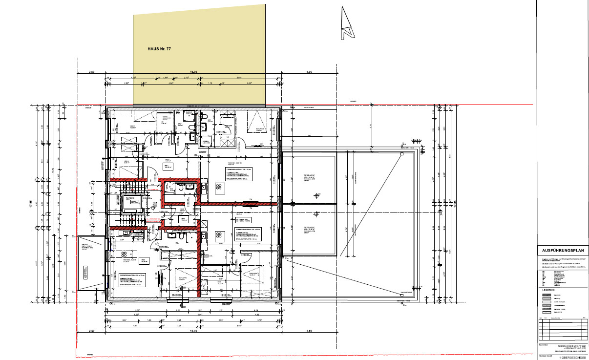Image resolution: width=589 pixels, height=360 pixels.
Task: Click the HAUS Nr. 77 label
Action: [x=159, y=49]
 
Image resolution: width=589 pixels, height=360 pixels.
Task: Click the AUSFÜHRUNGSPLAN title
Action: [x=562, y=250]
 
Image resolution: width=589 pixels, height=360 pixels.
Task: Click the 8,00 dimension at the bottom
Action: [x=309, y=331]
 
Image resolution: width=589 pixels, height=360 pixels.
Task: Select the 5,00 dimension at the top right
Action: [x=309, y=72]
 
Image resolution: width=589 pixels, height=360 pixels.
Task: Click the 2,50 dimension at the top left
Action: [x=91, y=72]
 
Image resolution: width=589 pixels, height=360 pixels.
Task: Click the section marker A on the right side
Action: [x=441, y=214]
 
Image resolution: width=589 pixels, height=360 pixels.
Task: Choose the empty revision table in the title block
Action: [x=562, y=328]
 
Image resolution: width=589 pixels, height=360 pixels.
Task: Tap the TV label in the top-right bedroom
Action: [x=261, y=144]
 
